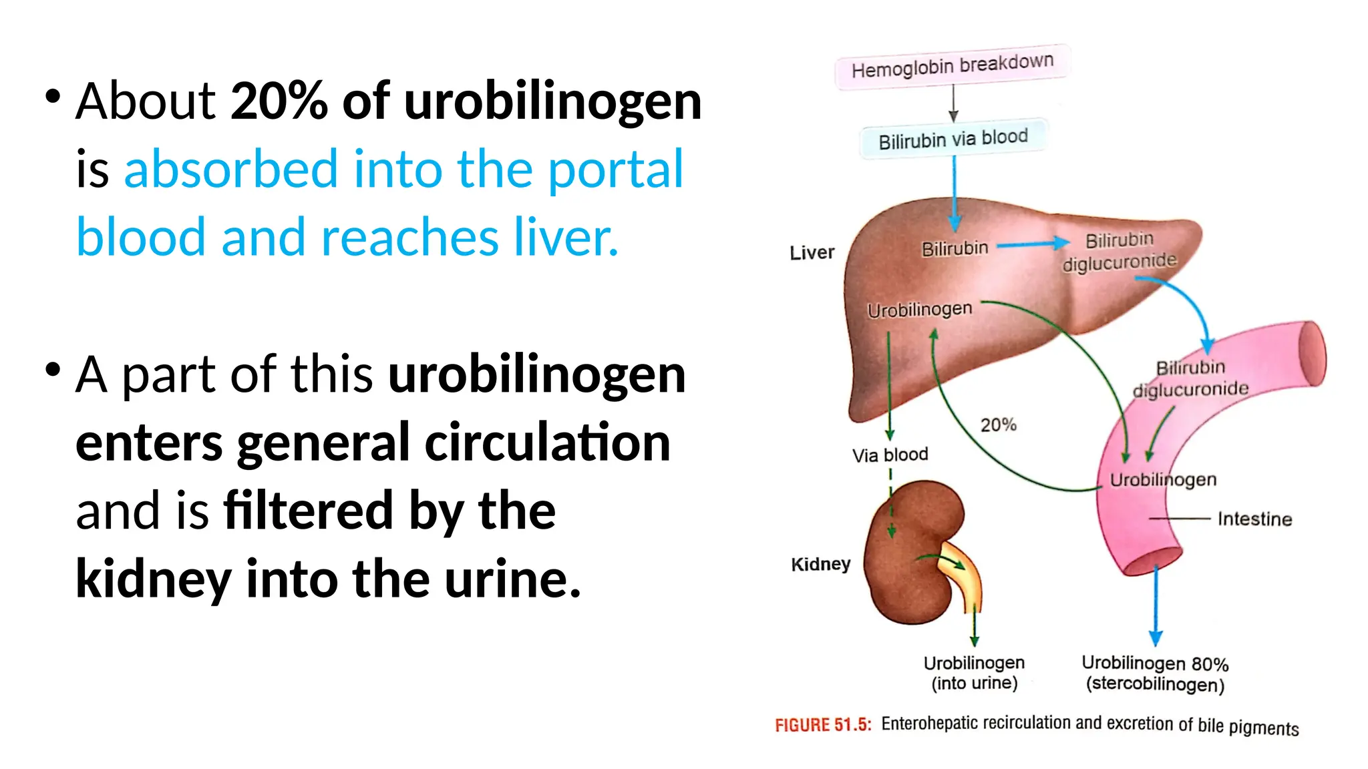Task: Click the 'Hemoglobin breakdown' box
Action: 953,65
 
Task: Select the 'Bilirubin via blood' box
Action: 953,139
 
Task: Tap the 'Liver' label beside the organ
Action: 812,252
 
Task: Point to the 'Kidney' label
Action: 821,564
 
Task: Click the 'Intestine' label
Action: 1254,519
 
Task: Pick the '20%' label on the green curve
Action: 998,425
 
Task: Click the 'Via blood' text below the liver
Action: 890,455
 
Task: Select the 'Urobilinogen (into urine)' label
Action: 974,673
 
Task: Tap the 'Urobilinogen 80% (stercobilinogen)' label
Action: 1155,674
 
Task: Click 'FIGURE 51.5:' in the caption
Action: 823,725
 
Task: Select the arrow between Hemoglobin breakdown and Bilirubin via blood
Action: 953,104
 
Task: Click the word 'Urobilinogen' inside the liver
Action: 920,310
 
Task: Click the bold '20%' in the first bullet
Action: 279,101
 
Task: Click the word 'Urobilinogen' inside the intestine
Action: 1163,480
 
